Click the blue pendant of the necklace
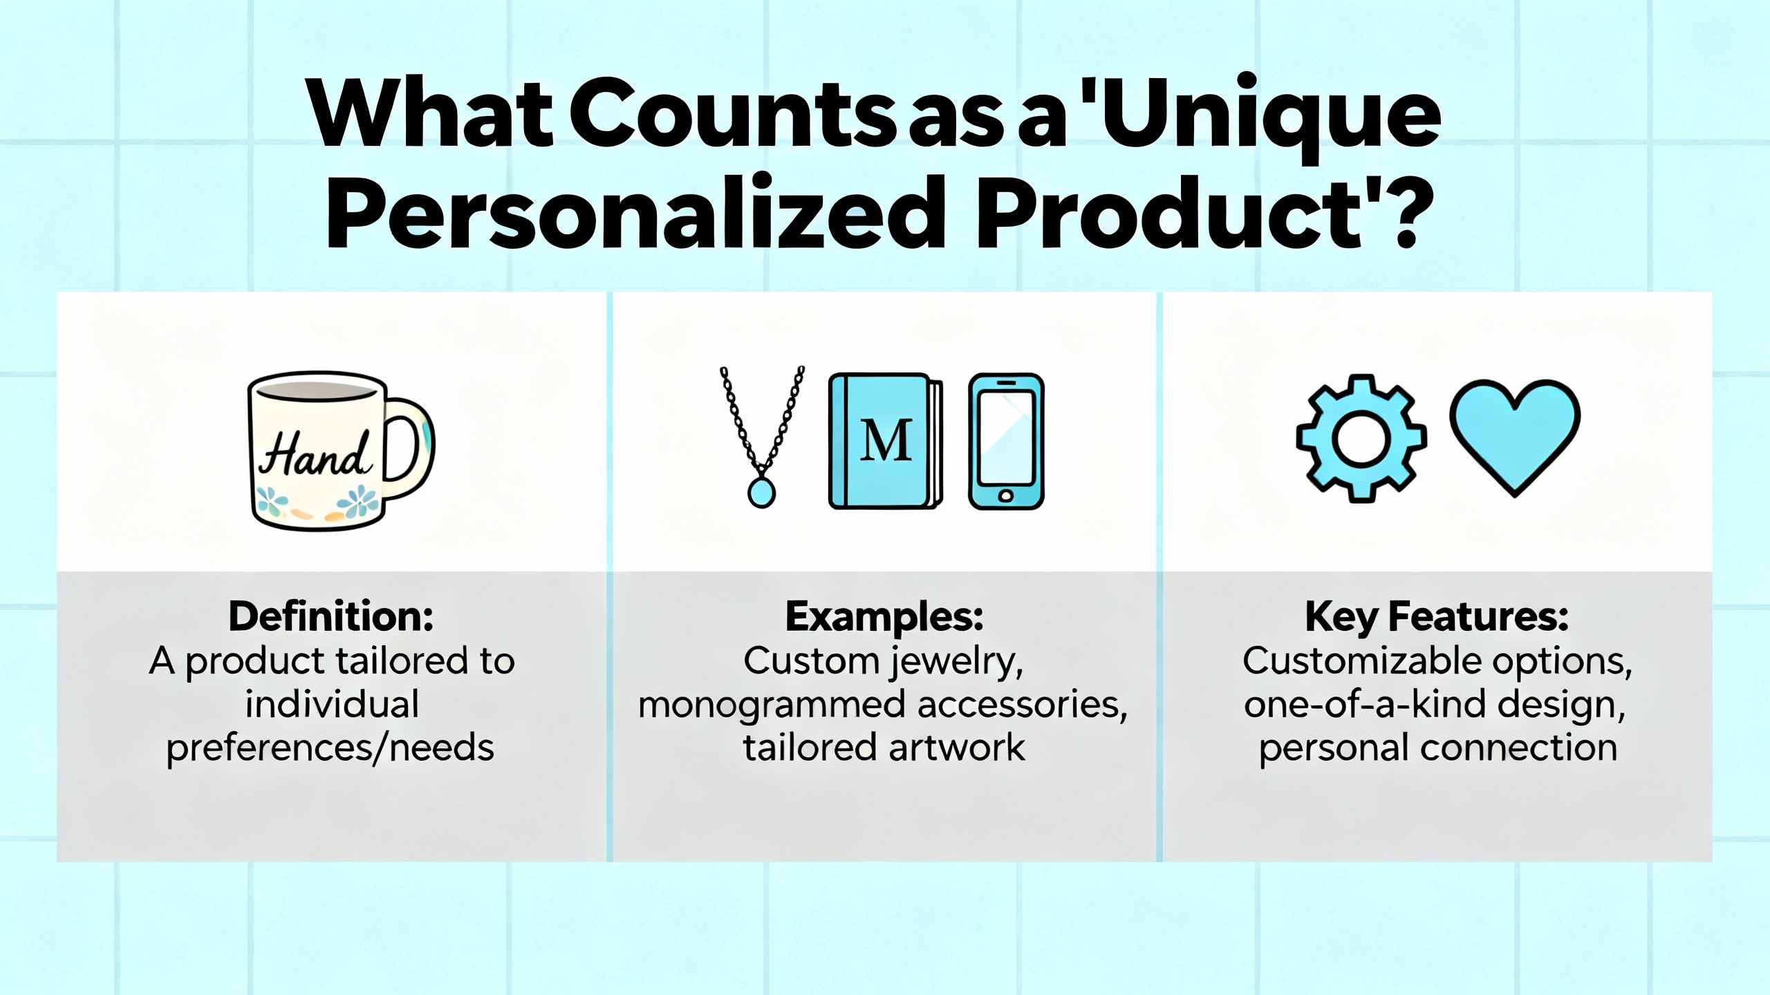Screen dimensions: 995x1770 pyautogui.click(x=761, y=493)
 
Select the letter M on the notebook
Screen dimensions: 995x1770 pyautogui.click(x=886, y=440)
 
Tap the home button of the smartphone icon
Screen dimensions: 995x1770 pyautogui.click(x=1006, y=495)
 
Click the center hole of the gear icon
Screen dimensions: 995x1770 pyautogui.click(x=1361, y=439)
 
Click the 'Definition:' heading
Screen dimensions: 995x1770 pyautogui.click(x=331, y=616)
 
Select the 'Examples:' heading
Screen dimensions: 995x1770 pyautogui.click(x=884, y=616)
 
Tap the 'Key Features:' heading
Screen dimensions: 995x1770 pyautogui.click(x=1437, y=616)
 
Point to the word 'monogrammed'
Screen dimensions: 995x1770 pyautogui.click(x=772, y=705)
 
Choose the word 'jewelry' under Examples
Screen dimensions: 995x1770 pyautogui.click(x=956, y=662)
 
